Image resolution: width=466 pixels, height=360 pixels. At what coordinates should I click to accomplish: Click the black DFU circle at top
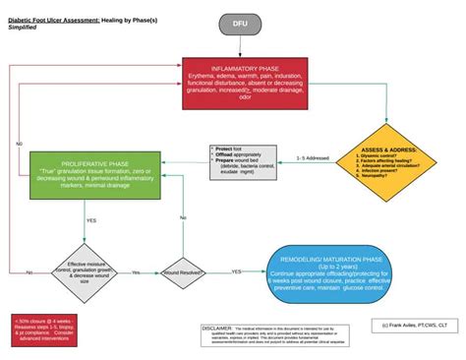[241, 24]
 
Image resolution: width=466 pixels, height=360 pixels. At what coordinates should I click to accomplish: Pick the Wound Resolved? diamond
[183, 271]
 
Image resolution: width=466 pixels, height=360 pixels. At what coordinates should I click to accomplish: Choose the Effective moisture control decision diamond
[90, 270]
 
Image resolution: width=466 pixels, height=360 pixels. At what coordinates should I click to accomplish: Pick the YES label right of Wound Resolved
[237, 271]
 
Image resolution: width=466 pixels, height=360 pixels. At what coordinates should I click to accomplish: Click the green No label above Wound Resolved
[183, 217]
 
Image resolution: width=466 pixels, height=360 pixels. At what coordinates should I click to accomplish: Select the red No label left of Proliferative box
[19, 144]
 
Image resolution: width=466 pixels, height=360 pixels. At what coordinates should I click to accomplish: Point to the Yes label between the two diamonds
[136, 272]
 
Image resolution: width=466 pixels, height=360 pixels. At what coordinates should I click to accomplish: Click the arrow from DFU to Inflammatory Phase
[241, 47]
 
